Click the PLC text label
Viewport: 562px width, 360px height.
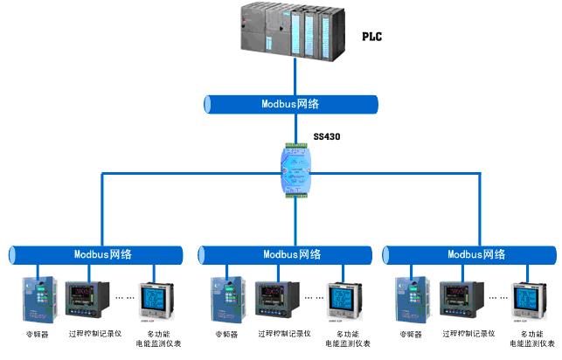[371, 37]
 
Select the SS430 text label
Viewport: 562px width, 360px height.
[330, 139]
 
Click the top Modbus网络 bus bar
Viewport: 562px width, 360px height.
[291, 104]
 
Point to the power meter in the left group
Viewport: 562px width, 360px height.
[157, 301]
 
